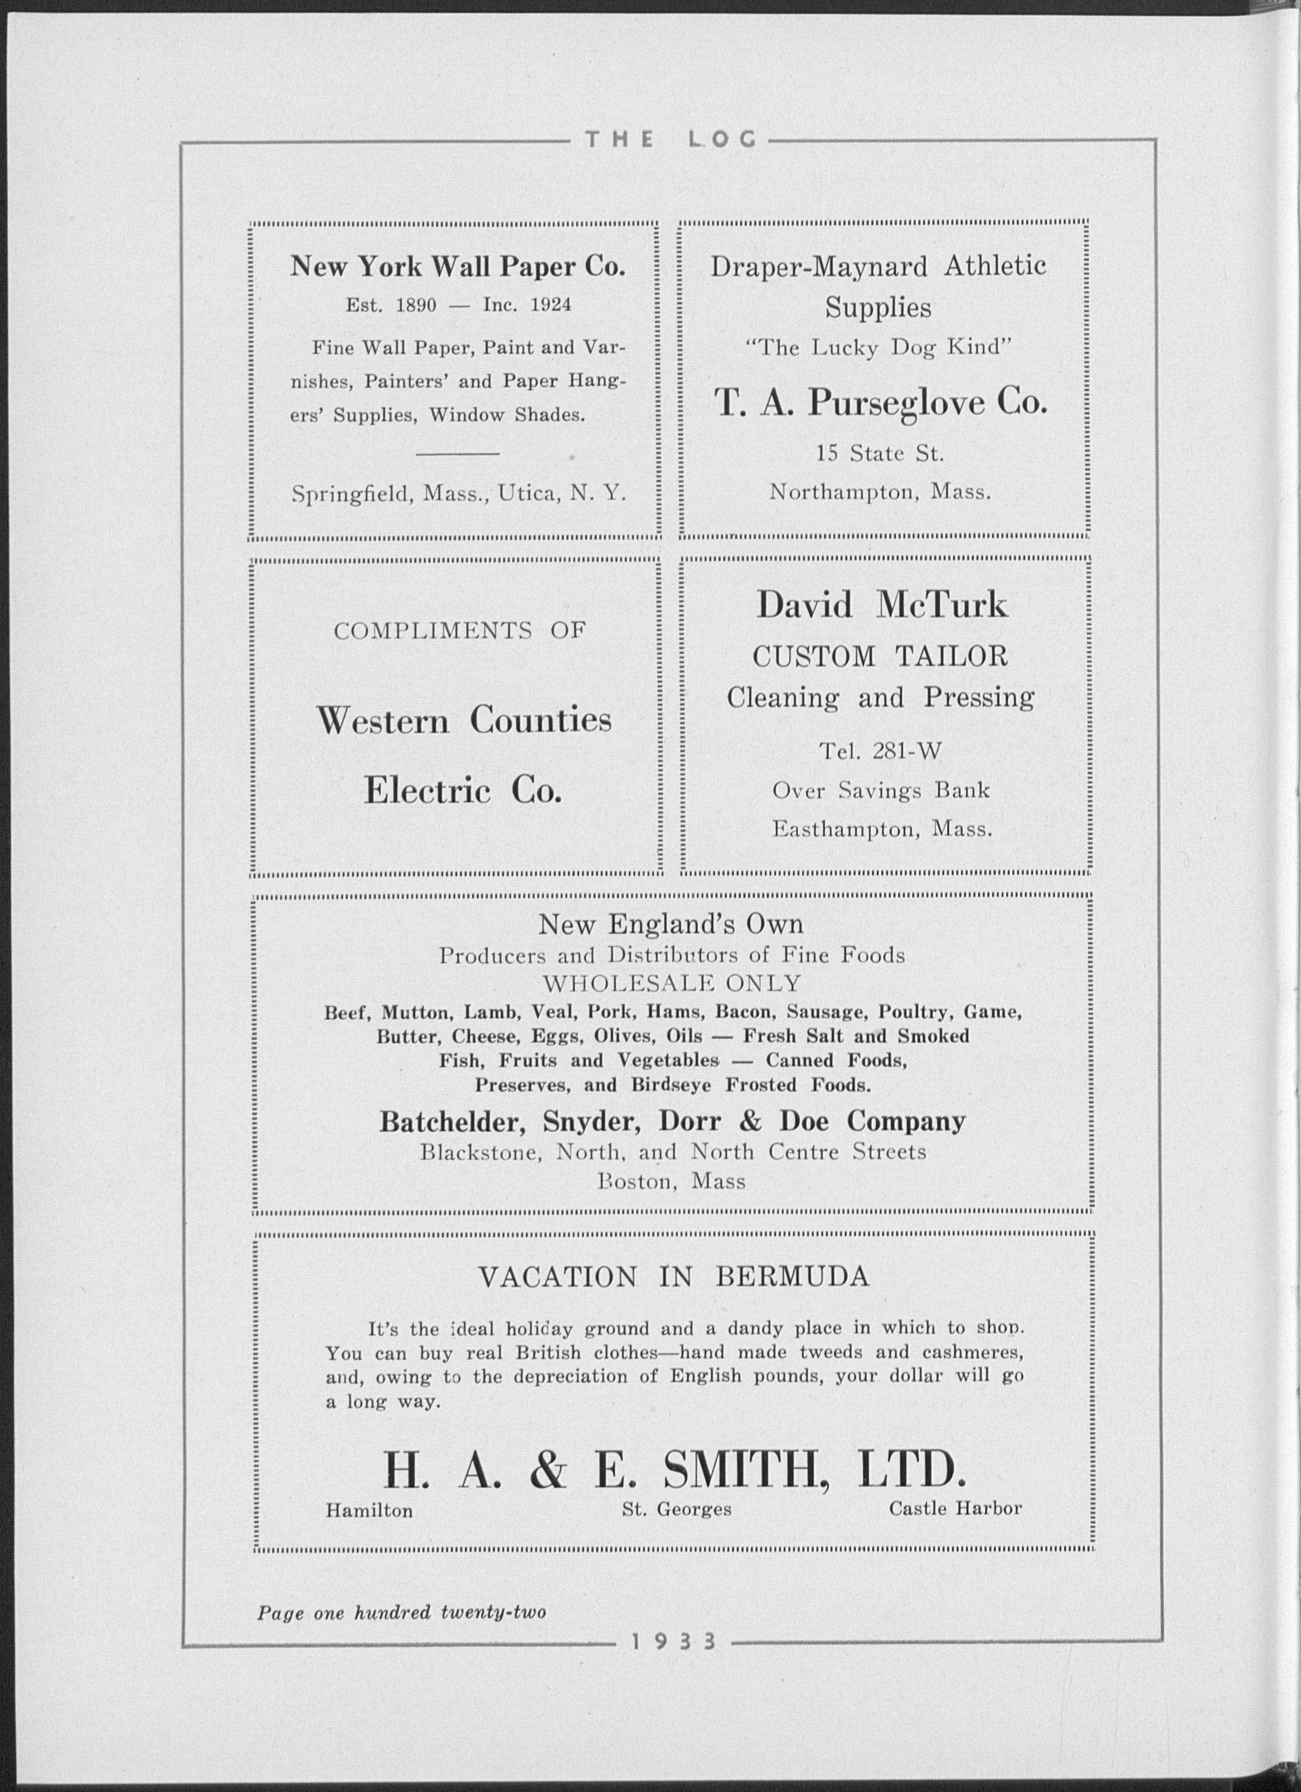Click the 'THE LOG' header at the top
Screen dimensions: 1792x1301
(x=670, y=140)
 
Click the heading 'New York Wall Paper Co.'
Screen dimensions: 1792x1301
(x=458, y=267)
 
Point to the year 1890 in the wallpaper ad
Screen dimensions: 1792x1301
(x=415, y=305)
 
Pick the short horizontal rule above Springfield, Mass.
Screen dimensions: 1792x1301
(x=458, y=453)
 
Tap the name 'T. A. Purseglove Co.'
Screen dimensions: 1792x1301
(x=881, y=404)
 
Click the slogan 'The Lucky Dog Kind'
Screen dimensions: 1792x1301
(x=878, y=348)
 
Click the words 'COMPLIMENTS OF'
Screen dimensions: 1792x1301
(x=460, y=631)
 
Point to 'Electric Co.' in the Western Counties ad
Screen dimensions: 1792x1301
(x=463, y=791)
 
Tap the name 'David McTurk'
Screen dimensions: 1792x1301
(x=882, y=606)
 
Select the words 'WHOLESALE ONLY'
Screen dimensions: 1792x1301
(x=672, y=984)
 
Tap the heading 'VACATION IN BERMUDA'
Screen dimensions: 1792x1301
(x=674, y=1277)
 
